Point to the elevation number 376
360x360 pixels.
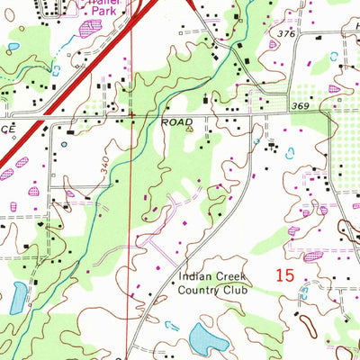click(286, 33)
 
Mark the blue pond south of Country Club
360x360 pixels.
click(209, 338)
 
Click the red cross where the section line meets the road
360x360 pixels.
click(132, 115)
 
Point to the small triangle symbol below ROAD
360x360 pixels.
click(189, 129)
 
